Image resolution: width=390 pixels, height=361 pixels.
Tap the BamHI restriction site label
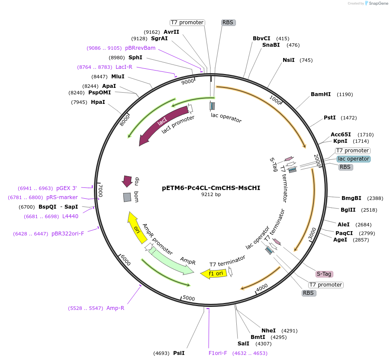pyautogui.click(x=320, y=94)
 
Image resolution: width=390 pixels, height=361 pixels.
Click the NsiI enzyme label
pyautogui.click(x=288, y=60)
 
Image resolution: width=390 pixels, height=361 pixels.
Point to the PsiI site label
pyautogui.click(x=179, y=353)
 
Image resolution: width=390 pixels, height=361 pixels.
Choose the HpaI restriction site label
pyautogui.click(x=98, y=102)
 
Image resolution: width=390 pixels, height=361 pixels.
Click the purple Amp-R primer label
pyautogui.click(x=115, y=308)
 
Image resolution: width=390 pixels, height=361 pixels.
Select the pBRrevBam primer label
pyautogui.click(x=140, y=48)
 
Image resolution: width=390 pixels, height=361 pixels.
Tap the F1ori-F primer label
pyautogui.click(x=218, y=353)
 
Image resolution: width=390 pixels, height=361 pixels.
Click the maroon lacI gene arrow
pyautogui.click(x=162, y=126)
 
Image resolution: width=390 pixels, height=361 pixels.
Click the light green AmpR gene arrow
pyautogui.click(x=173, y=262)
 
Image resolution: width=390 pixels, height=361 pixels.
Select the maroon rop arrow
pyautogui.click(x=127, y=180)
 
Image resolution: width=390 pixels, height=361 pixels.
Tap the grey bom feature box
pyautogui.click(x=127, y=197)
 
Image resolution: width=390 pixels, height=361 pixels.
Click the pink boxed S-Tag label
pyautogui.click(x=324, y=274)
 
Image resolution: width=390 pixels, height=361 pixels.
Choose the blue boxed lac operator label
pyautogui.click(x=354, y=159)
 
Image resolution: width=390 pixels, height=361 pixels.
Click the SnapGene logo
pyautogui.click(x=377, y=3)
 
